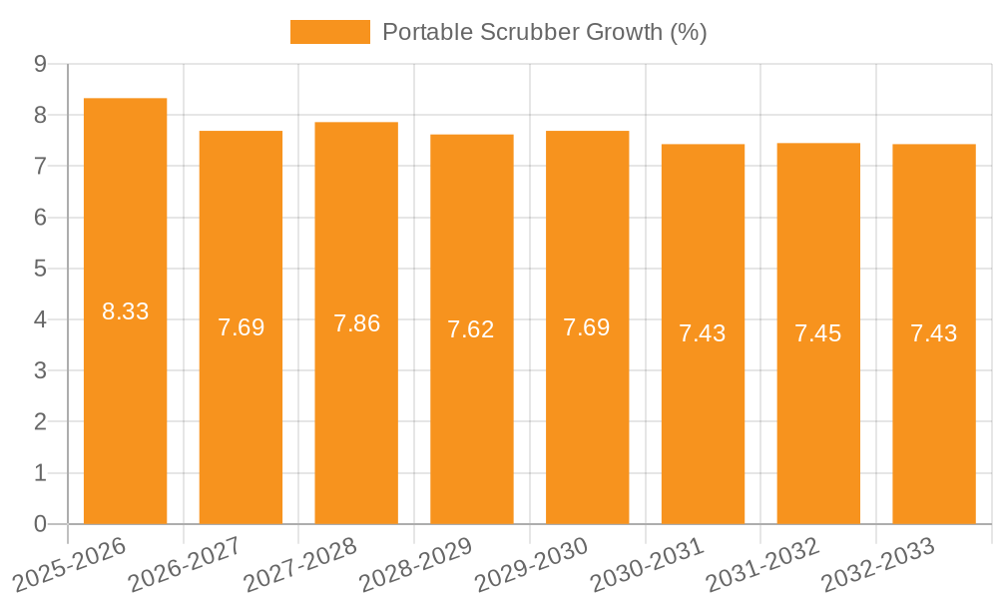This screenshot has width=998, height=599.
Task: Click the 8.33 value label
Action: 126,311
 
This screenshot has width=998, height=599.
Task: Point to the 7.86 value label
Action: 356,323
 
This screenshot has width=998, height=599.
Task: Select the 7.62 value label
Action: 471,329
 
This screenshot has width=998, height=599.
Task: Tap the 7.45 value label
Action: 818,333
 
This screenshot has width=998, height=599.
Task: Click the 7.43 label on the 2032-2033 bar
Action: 934,333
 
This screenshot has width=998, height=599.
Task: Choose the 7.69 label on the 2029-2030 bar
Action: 587,327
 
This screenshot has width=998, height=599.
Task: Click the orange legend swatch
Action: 329,32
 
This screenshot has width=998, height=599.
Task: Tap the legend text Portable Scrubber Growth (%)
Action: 545,32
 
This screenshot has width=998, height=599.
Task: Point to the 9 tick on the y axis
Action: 40,64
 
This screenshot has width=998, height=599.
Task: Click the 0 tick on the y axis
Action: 40,524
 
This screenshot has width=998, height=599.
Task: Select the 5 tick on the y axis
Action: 40,269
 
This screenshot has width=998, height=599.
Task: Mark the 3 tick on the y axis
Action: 40,370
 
